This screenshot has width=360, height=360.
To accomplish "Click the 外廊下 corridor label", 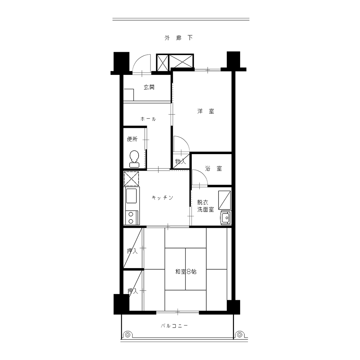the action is click(x=179, y=38).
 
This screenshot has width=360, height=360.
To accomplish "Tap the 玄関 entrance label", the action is click(x=149, y=87).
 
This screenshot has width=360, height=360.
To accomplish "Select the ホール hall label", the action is click(x=148, y=119).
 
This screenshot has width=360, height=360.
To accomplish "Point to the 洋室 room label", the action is click(x=206, y=111).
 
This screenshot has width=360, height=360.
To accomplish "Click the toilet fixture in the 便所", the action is click(x=134, y=159).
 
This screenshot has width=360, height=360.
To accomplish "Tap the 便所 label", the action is click(x=132, y=139).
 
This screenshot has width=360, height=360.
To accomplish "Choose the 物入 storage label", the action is click(x=180, y=161).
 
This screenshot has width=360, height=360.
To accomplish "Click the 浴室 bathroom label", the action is click(x=213, y=169).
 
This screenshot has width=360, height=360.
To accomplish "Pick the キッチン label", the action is click(x=163, y=198).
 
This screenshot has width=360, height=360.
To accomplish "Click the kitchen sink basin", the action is click(x=131, y=195).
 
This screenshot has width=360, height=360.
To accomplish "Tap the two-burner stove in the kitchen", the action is click(x=131, y=218).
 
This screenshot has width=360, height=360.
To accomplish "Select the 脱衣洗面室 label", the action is click(x=206, y=206).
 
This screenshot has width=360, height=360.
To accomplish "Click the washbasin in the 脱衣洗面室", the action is click(x=226, y=217).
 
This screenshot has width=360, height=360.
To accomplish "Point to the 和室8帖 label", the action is click(x=186, y=272).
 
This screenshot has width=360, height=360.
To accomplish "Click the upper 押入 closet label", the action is click(x=132, y=251).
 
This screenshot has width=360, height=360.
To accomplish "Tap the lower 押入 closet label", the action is click(x=133, y=291).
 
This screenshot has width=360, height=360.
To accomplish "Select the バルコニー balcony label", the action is click(x=174, y=326).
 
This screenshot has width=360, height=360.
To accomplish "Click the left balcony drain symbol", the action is click(x=128, y=335).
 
